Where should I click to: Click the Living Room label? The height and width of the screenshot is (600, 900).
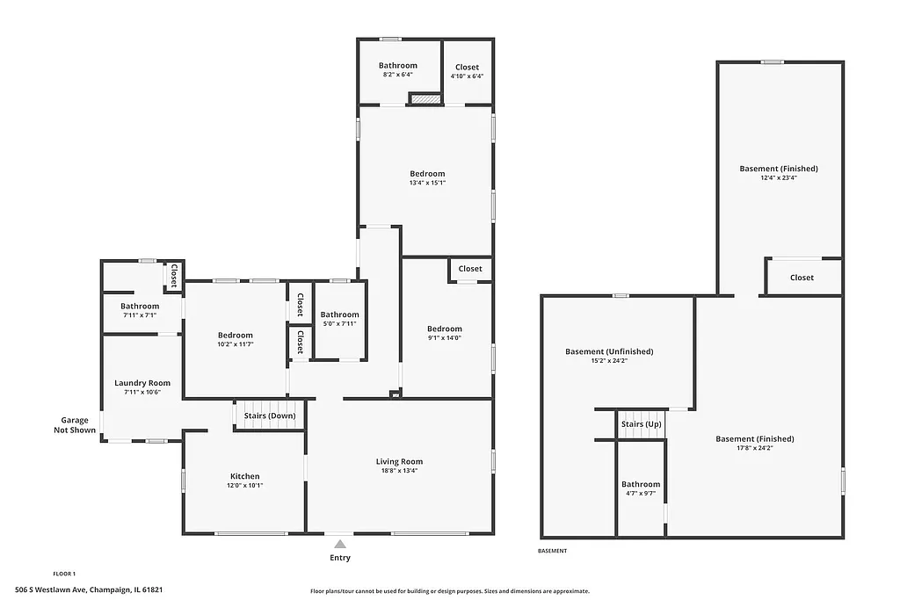coord(400,461)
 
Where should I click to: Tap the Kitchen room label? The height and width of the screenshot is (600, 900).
coord(246,475)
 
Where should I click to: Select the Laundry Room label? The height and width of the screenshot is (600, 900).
coord(142,383)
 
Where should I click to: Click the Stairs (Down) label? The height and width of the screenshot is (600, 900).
coord(270,416)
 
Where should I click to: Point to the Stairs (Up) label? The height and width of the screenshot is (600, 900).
coord(641,424)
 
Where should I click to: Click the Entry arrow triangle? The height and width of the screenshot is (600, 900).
coord(340,545)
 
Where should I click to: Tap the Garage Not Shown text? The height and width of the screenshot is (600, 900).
coord(75,425)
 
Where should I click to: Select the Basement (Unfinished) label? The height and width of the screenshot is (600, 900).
coord(609,351)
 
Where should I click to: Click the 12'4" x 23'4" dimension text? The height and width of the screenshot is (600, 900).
coord(779,177)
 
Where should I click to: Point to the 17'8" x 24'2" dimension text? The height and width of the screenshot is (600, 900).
coord(755,448)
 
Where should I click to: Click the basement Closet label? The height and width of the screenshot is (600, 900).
coord(802,278)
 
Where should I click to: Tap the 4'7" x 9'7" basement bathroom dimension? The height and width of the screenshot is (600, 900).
coord(641,493)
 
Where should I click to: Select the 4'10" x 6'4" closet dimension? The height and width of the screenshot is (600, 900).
coord(467,76)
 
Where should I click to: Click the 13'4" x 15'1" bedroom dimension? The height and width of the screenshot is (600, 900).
coord(427,183)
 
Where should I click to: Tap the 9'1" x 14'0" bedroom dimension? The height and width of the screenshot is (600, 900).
coord(445,338)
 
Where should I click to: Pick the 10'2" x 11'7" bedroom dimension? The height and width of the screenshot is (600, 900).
coord(236,344)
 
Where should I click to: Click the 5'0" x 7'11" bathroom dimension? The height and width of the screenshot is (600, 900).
coord(339,324)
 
